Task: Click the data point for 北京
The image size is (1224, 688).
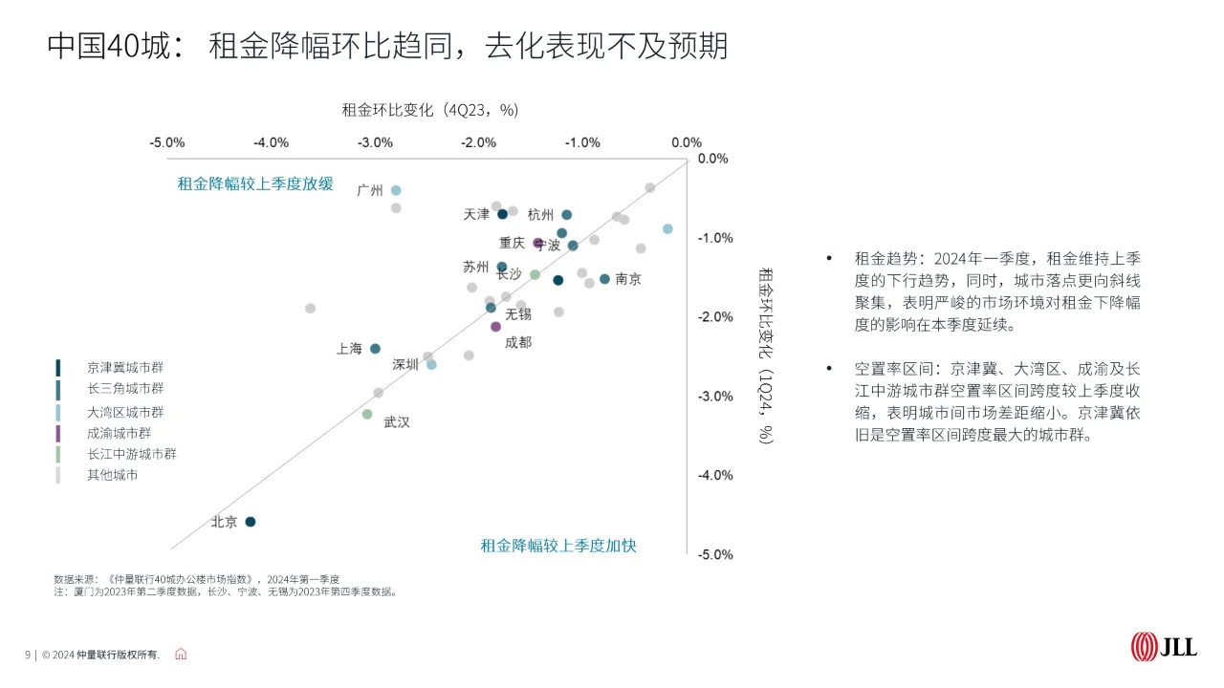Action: pos(251,522)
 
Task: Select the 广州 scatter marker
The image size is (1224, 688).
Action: pos(396,190)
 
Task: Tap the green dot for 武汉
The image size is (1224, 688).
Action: pos(367,414)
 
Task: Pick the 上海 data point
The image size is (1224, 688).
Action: pos(375,349)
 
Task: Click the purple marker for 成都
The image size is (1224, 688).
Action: pos(495,327)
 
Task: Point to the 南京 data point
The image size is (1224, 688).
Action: pos(604,279)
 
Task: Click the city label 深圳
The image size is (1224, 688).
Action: pos(405,364)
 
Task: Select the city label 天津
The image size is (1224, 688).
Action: pos(476,214)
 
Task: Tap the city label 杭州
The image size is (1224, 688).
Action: pos(540,214)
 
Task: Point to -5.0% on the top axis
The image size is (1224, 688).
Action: pos(166,142)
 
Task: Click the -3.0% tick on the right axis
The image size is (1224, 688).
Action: pos(716,396)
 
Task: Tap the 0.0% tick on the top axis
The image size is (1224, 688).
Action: pos(687,142)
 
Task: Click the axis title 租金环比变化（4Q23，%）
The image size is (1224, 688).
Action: pos(430,110)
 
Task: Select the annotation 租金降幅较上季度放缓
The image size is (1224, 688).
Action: pos(255,183)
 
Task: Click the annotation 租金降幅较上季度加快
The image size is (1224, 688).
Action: pos(558,546)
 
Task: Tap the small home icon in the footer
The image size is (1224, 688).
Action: pos(181,655)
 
